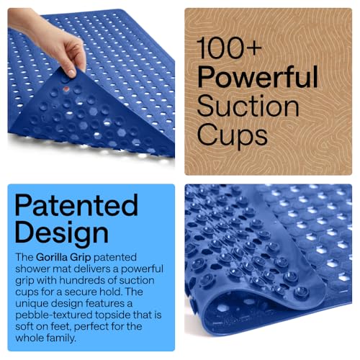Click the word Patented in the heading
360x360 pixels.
(x=76, y=206)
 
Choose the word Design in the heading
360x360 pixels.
(x=62, y=233)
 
